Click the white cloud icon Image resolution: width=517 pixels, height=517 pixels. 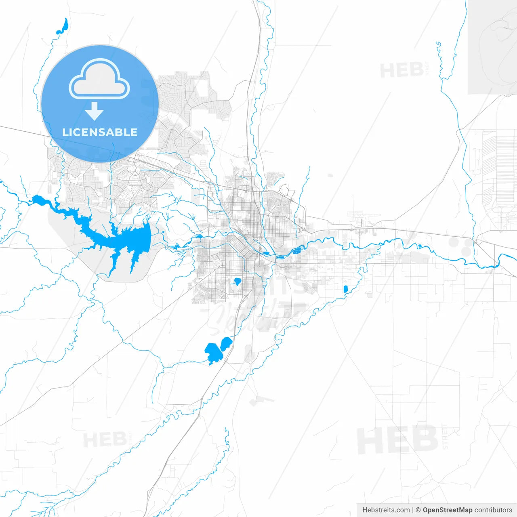(x=99, y=80)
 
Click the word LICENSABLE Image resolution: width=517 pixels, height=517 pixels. (x=100, y=132)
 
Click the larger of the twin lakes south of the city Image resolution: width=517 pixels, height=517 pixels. (x=212, y=353)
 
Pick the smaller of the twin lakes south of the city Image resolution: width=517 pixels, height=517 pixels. (x=225, y=344)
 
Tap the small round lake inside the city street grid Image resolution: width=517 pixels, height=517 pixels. (x=237, y=282)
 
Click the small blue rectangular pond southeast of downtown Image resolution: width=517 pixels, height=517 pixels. (x=345, y=289)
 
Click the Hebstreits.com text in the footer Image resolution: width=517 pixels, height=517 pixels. (x=386, y=510)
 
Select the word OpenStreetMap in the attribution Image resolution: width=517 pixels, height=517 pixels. (x=447, y=510)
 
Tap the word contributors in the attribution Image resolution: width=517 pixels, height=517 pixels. (x=493, y=510)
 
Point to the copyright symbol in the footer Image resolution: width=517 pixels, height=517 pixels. (x=418, y=510)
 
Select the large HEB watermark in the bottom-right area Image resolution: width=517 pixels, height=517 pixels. (x=398, y=440)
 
